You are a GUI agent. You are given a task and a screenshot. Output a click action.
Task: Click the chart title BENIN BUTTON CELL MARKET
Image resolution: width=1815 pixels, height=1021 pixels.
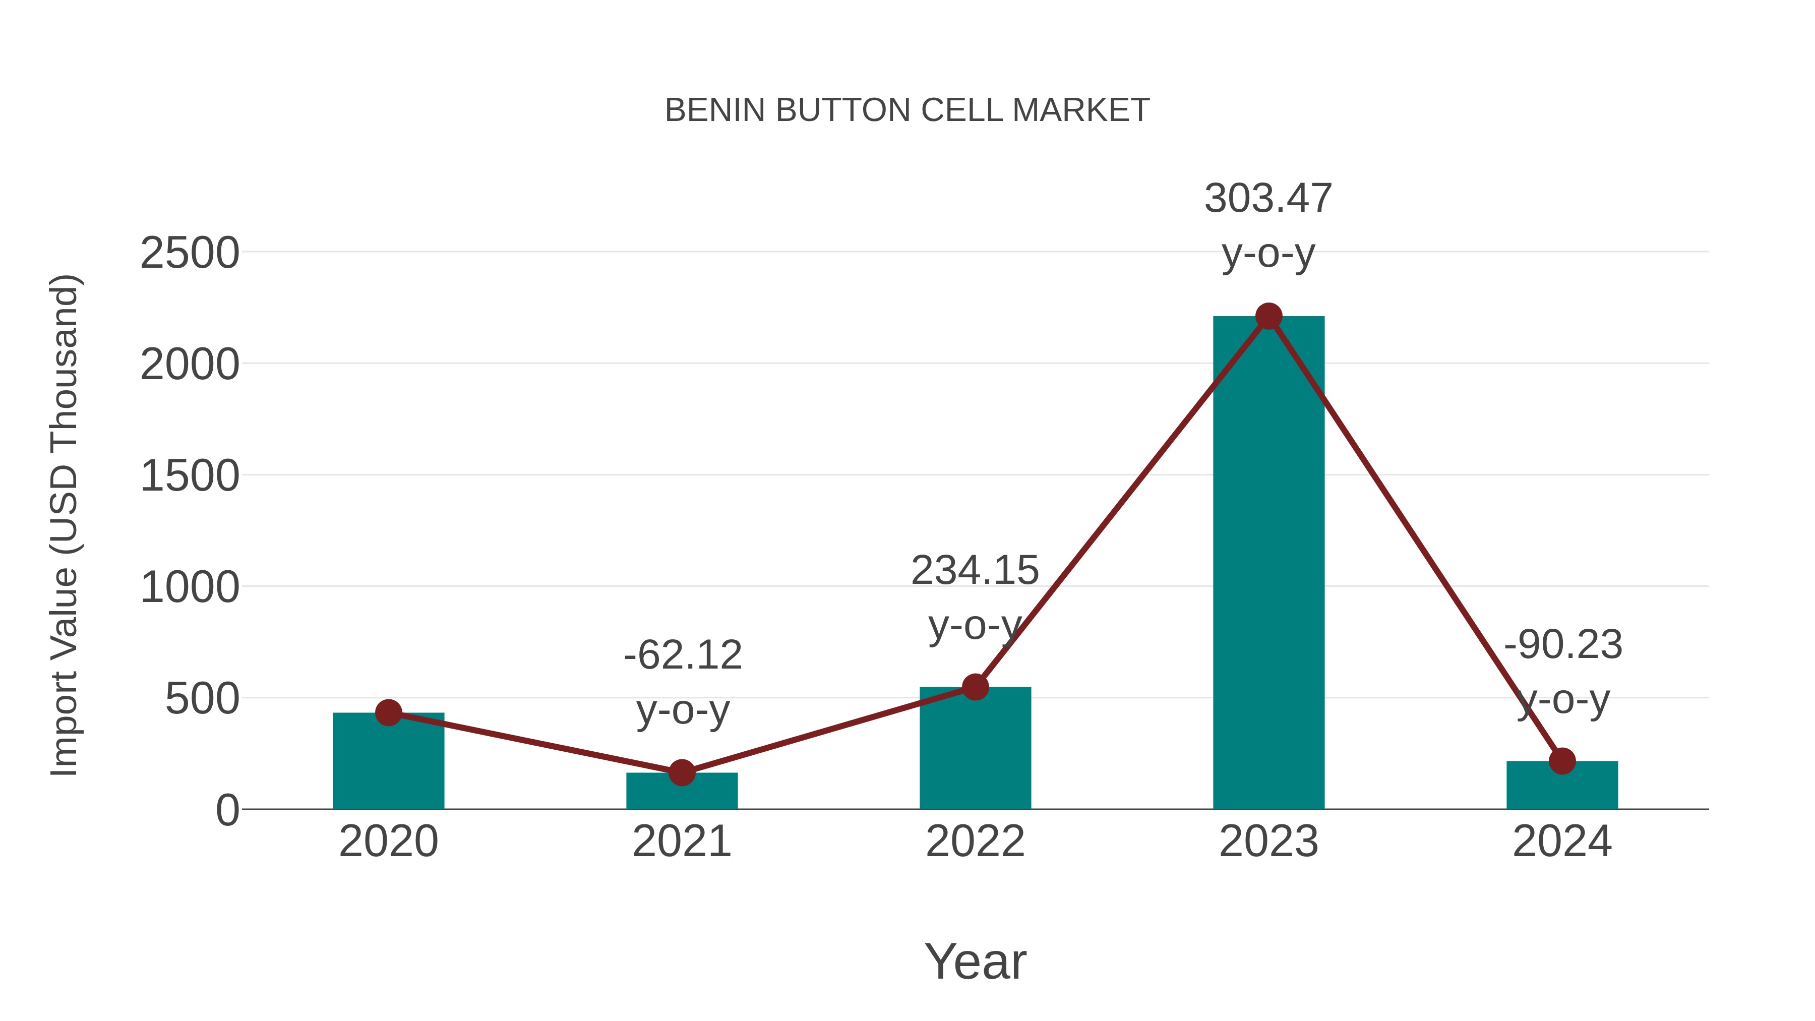click(907, 110)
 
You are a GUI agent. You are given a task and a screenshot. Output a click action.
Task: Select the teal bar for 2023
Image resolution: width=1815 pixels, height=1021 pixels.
click(1268, 564)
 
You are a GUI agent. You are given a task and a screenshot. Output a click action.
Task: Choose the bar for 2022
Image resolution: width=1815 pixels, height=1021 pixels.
click(975, 750)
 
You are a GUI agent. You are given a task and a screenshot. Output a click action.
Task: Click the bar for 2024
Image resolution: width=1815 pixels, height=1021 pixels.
click(1562, 788)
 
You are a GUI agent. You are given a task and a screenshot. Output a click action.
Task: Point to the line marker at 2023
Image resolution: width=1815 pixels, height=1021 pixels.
click(1268, 316)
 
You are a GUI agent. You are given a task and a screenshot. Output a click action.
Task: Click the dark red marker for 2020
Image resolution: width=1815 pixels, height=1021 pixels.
click(388, 713)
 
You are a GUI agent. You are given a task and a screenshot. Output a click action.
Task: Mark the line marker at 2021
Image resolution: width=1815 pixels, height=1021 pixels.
click(681, 773)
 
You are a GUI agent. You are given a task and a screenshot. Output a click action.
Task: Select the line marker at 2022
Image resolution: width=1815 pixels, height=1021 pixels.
click(975, 687)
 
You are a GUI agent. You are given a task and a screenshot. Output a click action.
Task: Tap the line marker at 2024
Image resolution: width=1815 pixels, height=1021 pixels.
click(1562, 761)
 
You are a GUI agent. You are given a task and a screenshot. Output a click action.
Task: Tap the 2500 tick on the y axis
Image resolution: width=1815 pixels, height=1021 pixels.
click(190, 253)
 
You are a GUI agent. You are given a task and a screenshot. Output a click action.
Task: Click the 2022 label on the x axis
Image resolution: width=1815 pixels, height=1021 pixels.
click(975, 842)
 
